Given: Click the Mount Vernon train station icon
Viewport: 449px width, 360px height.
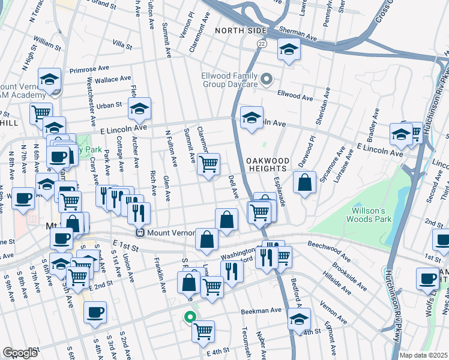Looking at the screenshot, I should pyautogui.click(x=139, y=233).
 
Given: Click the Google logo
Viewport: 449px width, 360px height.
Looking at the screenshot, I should pyautogui.click(x=20, y=353).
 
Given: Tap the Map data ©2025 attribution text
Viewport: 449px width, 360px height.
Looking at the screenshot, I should pyautogui.click(x=423, y=355).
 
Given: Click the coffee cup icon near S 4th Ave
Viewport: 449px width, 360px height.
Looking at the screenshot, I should pyautogui.click(x=95, y=312).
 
